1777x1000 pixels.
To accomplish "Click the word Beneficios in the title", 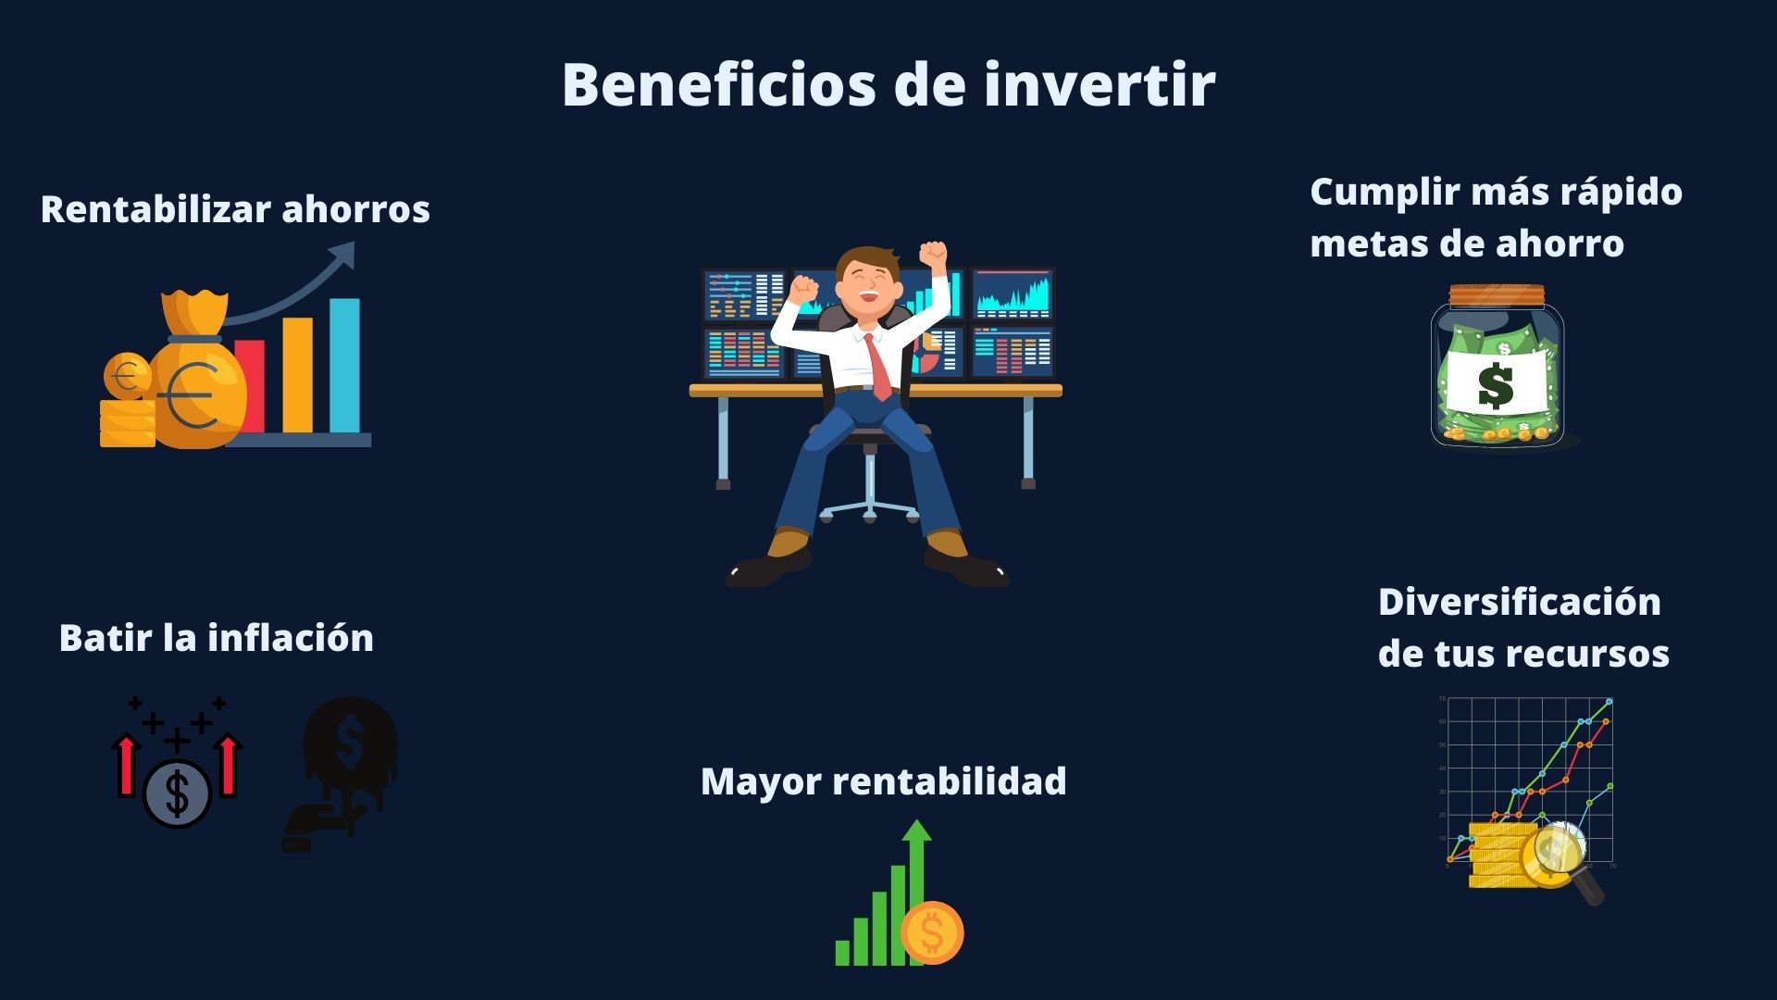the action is (719, 84).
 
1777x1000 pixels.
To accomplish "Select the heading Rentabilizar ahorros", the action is (235, 209).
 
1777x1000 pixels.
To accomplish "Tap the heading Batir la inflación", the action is (217, 638).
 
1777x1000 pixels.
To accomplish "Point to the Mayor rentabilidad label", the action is (883, 781).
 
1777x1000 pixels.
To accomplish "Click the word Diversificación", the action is (1520, 602).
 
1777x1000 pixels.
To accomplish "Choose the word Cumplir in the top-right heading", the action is (1378, 193).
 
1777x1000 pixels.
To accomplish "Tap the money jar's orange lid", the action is (1497, 295).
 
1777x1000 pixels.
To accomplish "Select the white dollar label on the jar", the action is (1497, 383).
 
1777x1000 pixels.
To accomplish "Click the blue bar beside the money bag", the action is (344, 366).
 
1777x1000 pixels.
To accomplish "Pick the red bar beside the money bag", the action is (250, 386).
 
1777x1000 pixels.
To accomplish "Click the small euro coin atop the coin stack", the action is (128, 377).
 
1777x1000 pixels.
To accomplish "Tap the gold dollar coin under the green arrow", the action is (932, 933).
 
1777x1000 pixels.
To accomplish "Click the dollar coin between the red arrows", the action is (177, 794).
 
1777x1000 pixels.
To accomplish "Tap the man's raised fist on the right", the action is (933, 252).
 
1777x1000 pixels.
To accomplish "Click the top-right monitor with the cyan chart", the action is (1013, 294).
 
